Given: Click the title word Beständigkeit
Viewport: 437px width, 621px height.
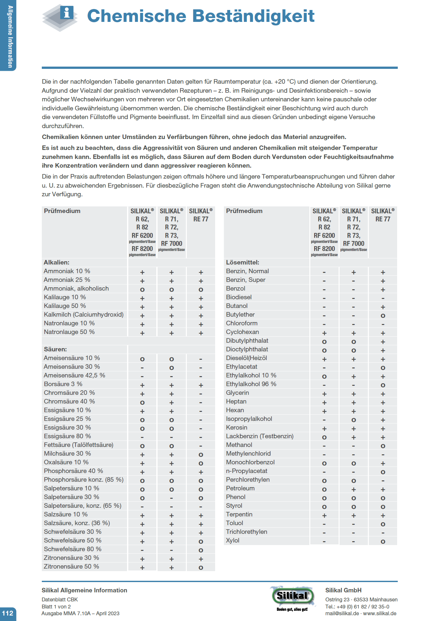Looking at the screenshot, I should [x=253, y=16].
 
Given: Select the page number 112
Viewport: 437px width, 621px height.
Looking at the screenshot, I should [x=8, y=613].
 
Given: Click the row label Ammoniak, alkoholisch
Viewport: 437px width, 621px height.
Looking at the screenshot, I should [x=76, y=289].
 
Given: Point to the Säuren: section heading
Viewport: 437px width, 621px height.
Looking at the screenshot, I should [x=55, y=349].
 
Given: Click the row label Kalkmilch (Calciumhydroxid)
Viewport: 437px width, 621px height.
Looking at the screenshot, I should [x=84, y=315].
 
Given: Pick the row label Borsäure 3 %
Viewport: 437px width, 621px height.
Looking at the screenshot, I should [x=63, y=384].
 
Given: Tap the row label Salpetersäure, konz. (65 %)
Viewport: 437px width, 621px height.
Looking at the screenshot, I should [x=83, y=506].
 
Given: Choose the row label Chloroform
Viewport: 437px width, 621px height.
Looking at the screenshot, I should [x=242, y=323].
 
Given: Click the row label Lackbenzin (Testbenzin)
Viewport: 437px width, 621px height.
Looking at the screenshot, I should [x=259, y=436].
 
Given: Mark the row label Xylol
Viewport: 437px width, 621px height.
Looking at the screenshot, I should [x=232, y=541].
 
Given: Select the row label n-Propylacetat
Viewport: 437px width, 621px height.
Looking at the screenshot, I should [x=247, y=471].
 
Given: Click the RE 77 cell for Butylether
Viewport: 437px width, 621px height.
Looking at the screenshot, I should [x=383, y=316].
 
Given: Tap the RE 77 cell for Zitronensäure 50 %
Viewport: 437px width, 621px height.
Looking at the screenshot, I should [x=201, y=568].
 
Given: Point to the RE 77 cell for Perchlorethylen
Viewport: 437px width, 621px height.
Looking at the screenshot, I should [x=383, y=481].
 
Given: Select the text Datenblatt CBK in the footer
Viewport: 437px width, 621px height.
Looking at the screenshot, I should [x=60, y=599].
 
